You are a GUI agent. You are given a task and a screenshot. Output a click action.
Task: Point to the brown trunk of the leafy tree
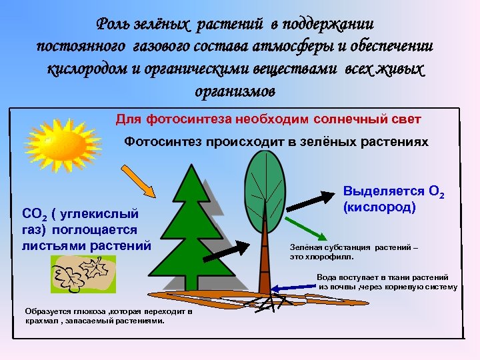[265, 260]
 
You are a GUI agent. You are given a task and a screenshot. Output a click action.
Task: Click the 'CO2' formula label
[33, 215]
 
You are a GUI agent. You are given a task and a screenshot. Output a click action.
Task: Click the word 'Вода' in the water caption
[327, 277]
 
